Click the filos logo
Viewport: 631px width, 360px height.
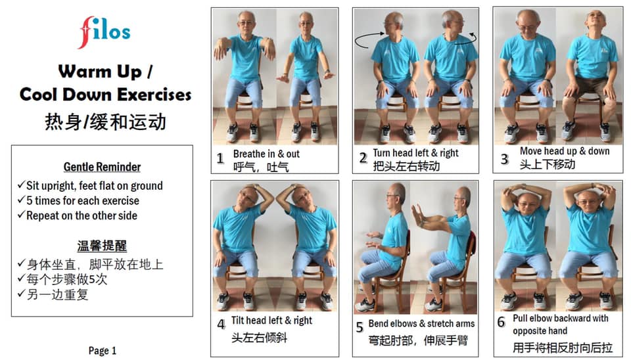(x=105, y=32)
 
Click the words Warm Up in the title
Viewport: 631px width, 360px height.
(x=100, y=72)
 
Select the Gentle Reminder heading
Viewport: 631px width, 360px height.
(x=103, y=167)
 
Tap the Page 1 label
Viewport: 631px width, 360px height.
(x=103, y=351)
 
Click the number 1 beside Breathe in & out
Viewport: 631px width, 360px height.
(x=220, y=158)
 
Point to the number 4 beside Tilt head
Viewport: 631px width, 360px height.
(x=222, y=325)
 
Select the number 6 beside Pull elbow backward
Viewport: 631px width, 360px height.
(x=501, y=322)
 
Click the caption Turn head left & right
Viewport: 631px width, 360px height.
(x=415, y=153)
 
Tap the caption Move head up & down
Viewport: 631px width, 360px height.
(x=565, y=151)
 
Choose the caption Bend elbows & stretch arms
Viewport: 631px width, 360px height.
(x=421, y=323)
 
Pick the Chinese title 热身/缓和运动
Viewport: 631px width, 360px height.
(x=105, y=122)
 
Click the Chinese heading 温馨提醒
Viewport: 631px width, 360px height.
(x=103, y=246)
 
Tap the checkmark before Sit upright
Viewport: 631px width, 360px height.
(x=21, y=185)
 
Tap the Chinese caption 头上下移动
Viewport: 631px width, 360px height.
(x=548, y=164)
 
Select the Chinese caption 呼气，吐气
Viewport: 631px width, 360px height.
(x=261, y=166)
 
